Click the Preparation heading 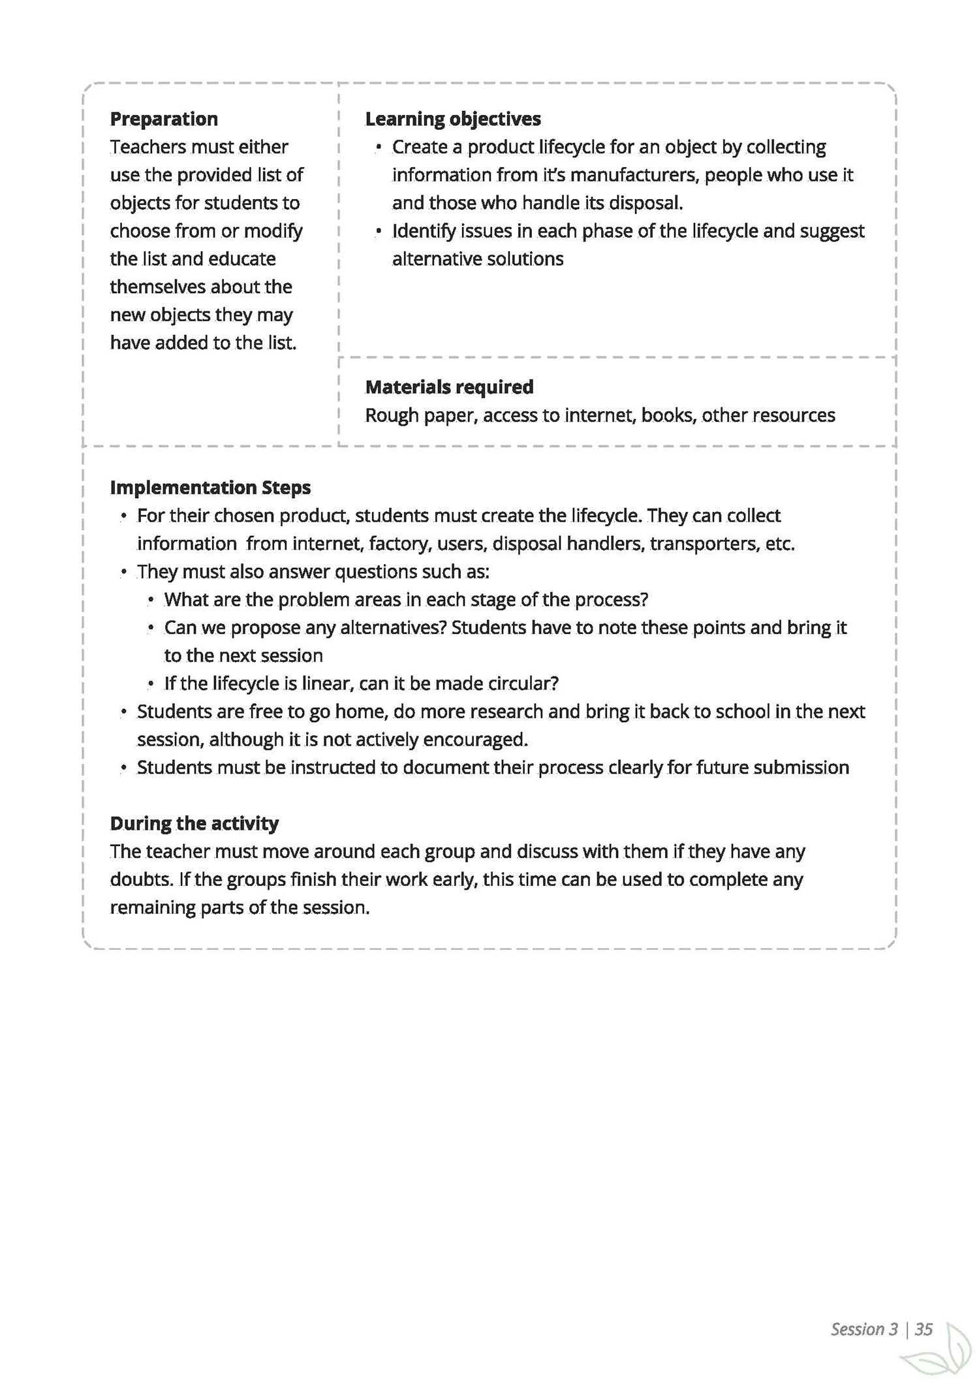tap(164, 119)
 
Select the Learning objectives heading tap(453, 119)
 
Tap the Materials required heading tap(449, 387)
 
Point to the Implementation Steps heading tap(210, 488)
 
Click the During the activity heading tap(194, 823)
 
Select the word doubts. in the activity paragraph tap(142, 879)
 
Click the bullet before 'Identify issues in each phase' tap(379, 231)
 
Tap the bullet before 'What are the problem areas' tap(151, 600)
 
